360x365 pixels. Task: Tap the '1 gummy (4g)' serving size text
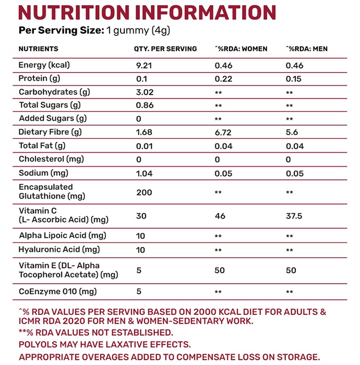pyautogui.click(x=138, y=30)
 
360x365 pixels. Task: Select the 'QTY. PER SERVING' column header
pyautogui.click(x=165, y=49)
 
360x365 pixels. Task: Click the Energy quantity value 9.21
pyautogui.click(x=144, y=65)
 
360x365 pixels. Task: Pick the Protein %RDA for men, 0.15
pyautogui.click(x=293, y=79)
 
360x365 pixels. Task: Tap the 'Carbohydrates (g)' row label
pyautogui.click(x=54, y=92)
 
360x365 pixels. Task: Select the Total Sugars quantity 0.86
pyautogui.click(x=145, y=105)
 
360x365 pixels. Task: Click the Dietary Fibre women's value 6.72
pyautogui.click(x=223, y=132)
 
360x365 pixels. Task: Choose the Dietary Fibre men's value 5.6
pyautogui.click(x=292, y=132)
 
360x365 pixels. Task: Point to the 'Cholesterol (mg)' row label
pyautogui.click(x=51, y=159)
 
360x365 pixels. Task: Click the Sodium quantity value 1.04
pyautogui.click(x=144, y=174)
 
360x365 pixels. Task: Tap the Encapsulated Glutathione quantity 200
pyautogui.click(x=144, y=192)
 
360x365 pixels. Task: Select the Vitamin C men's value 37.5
pyautogui.click(x=294, y=216)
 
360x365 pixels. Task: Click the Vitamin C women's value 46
pyautogui.click(x=220, y=216)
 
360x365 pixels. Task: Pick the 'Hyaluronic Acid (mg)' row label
pyautogui.click(x=59, y=250)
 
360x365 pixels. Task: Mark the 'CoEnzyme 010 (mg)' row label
pyautogui.click(x=57, y=291)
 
